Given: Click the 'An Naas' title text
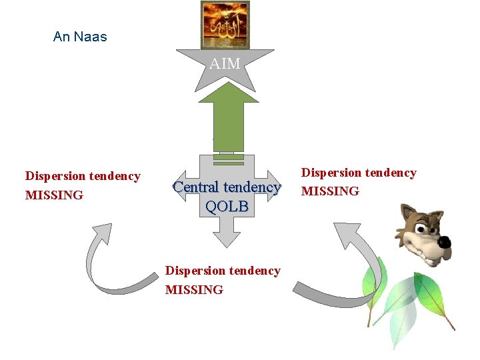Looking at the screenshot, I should [80, 37].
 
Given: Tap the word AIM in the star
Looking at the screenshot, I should [225, 65].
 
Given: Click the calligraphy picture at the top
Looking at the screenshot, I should [225, 25].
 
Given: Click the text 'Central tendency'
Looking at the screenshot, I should [227, 187].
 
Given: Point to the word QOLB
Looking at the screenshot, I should [227, 207].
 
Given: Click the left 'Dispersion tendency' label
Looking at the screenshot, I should [83, 176].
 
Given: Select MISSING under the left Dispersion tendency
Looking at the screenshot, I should [54, 195].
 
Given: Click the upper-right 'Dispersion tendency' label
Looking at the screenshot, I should [359, 173].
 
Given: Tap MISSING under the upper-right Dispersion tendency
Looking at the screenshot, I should [330, 192].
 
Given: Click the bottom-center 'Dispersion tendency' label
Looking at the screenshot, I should [223, 271].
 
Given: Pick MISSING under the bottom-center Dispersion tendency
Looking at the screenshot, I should [194, 290].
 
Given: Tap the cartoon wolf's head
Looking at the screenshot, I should [424, 233].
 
